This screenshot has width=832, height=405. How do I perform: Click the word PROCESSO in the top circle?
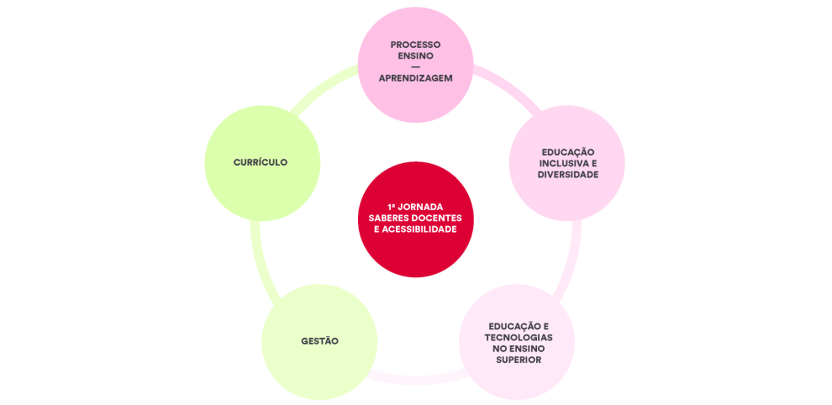[415, 45]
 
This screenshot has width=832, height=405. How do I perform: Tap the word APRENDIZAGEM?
[415, 77]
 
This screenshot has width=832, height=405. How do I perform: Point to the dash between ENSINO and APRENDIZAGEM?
[415, 66]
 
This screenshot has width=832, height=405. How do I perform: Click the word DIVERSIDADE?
[567, 175]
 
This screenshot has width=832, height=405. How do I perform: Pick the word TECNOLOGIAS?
[518, 337]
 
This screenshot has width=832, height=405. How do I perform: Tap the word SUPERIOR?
[518, 360]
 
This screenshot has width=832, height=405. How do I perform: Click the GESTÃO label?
[319, 341]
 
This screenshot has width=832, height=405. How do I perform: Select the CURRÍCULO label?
[261, 162]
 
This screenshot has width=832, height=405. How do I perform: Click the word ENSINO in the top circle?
[415, 55]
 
